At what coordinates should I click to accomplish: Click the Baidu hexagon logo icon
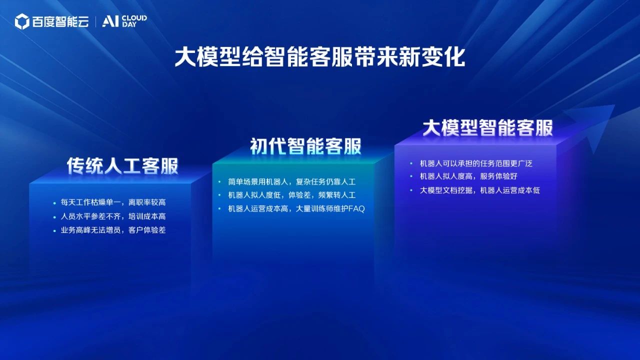pyautogui.click(x=22, y=21)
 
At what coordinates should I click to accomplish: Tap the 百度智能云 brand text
pyautogui.click(x=60, y=21)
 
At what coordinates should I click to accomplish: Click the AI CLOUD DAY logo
pyautogui.click(x=124, y=21)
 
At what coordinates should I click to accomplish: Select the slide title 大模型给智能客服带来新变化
pyautogui.click(x=319, y=57)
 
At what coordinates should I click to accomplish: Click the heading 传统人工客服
pyautogui.click(x=122, y=166)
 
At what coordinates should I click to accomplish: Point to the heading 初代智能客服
pyautogui.click(x=305, y=146)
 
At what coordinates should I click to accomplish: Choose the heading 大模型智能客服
pyautogui.click(x=487, y=127)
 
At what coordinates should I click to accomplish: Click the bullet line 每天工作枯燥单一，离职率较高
pyautogui.click(x=113, y=202)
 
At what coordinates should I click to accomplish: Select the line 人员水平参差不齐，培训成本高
pyautogui.click(x=113, y=216)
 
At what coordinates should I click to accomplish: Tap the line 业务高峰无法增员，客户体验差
pyautogui.click(x=113, y=230)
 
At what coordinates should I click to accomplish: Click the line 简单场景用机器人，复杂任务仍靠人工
pyautogui.click(x=291, y=181)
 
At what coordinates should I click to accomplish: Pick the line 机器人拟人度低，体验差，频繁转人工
pyautogui.click(x=291, y=195)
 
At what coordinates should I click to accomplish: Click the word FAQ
pyautogui.click(x=357, y=209)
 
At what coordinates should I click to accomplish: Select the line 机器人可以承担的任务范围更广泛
pyautogui.click(x=476, y=163)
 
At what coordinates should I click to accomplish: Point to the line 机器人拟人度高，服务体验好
pyautogui.click(x=468, y=176)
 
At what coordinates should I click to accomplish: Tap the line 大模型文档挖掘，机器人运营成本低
pyautogui.click(x=479, y=190)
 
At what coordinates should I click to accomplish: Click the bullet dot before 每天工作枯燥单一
pyautogui.click(x=54, y=203)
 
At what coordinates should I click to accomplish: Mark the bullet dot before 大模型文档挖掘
pyautogui.click(x=411, y=190)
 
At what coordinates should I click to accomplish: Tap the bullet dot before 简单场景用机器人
pyautogui.click(x=219, y=182)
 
